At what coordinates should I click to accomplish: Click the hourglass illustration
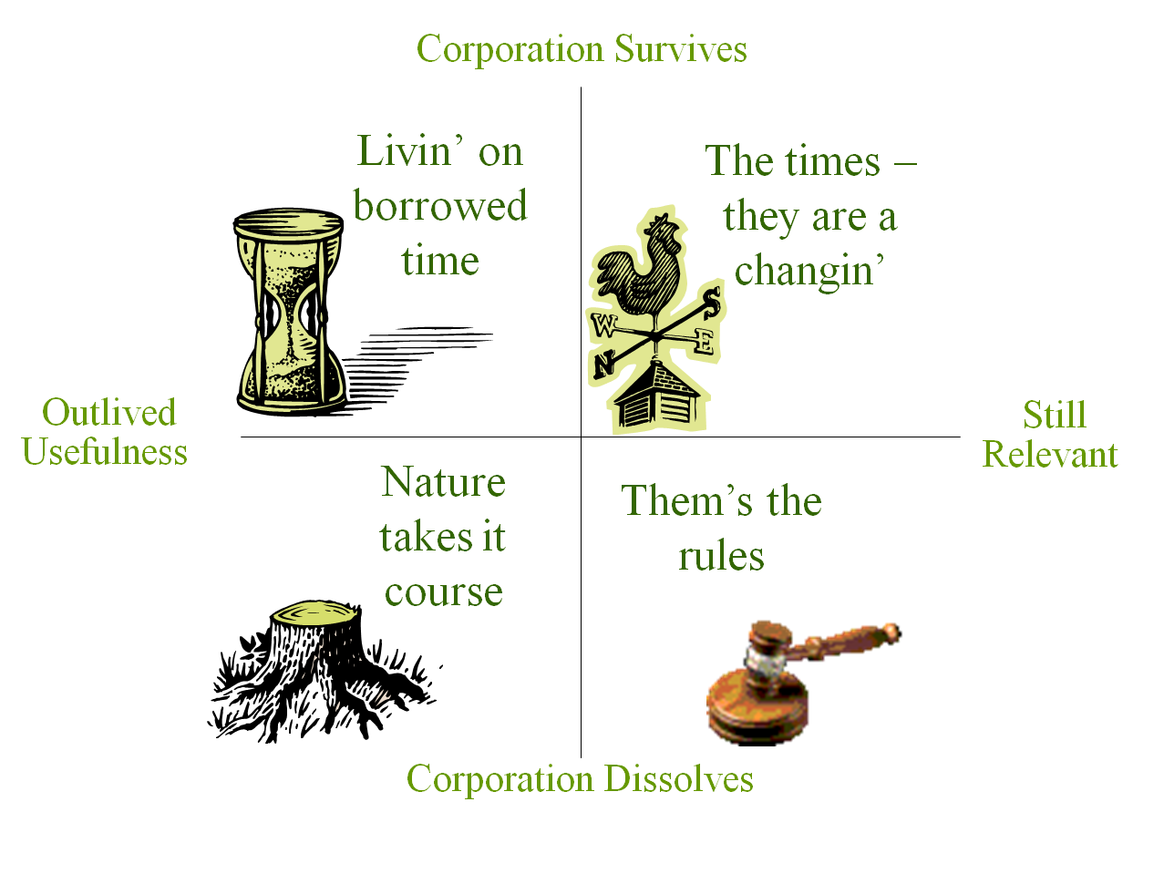tap(290, 312)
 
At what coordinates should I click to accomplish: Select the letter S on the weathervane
tap(712, 303)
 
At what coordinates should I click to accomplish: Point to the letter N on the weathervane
tap(603, 365)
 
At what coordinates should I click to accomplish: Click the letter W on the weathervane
tap(604, 324)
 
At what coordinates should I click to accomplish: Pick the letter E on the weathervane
tap(705, 341)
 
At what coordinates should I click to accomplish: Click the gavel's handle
tap(843, 638)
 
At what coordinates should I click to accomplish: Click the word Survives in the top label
tap(681, 49)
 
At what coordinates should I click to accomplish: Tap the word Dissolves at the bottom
tap(679, 778)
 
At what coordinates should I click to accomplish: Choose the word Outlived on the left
tap(108, 412)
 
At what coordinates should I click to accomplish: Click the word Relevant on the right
tap(1050, 454)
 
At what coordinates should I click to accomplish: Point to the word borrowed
tap(440, 206)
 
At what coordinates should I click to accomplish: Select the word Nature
tap(443, 482)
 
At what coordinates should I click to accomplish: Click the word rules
tap(721, 557)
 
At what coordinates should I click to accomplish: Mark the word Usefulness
tap(105, 451)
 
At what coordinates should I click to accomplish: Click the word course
tap(443, 592)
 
